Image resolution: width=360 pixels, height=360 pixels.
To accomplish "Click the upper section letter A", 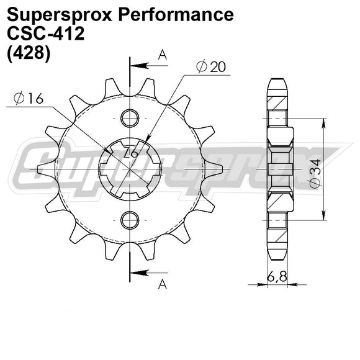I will (x=163, y=55).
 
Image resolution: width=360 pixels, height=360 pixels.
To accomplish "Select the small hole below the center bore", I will (x=129, y=218).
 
